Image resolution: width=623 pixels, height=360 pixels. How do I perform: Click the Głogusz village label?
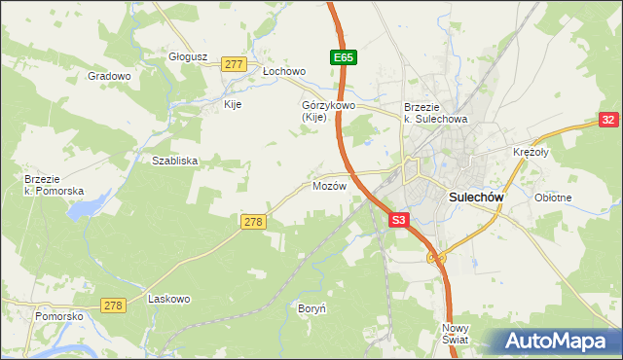point(189,56)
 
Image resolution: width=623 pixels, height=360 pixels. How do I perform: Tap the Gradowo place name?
point(109,76)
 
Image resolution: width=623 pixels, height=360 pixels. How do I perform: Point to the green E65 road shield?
point(342,58)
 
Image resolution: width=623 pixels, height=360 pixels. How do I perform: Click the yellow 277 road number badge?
point(233,64)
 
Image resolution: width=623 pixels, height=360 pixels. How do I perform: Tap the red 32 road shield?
point(608,120)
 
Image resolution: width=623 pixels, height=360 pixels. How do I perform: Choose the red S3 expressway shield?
point(398,221)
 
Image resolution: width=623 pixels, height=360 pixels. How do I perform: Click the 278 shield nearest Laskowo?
point(114,306)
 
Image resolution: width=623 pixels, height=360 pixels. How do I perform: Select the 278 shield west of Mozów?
point(252,223)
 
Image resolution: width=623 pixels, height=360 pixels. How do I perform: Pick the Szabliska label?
point(175,161)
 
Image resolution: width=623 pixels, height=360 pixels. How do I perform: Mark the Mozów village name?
point(329,186)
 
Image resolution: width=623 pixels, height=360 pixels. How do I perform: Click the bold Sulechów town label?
point(476,196)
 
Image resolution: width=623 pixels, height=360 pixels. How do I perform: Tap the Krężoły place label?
point(531,153)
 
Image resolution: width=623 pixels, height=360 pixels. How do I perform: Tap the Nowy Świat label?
point(455,334)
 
